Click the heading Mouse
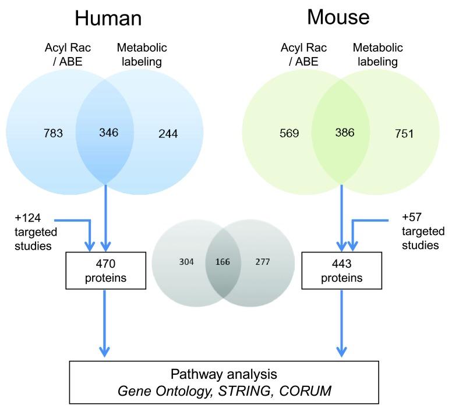(x=339, y=17)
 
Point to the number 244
(x=168, y=133)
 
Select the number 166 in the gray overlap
(x=222, y=261)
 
